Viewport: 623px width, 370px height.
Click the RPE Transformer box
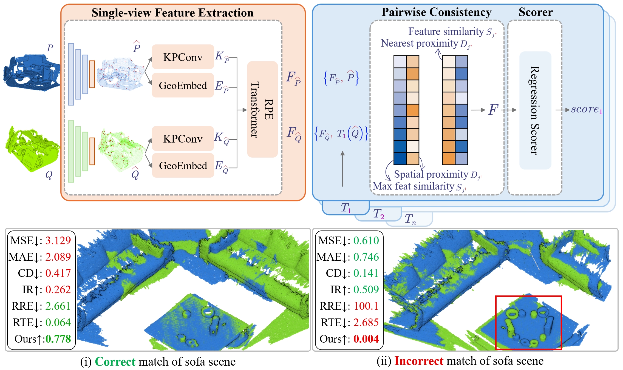point(262,109)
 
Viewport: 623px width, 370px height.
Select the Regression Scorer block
point(535,110)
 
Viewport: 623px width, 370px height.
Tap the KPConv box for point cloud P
point(183,57)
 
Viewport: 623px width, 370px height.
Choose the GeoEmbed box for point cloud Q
point(183,166)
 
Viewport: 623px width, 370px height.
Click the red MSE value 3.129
point(58,240)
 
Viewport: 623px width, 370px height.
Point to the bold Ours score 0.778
point(58,339)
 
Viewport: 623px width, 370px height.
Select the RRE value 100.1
point(366,306)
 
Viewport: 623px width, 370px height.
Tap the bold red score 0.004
point(366,339)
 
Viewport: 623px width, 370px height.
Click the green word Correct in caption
point(115,362)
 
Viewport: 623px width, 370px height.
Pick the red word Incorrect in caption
point(419,361)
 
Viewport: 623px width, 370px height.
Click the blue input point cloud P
point(32,72)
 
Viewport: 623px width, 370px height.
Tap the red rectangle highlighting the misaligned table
point(528,322)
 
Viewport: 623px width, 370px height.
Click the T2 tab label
point(378,214)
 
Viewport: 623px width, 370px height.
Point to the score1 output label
point(587,109)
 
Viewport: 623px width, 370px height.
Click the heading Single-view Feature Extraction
point(172,13)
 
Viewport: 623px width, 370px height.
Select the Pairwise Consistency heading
point(436,12)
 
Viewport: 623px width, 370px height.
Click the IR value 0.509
point(366,289)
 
